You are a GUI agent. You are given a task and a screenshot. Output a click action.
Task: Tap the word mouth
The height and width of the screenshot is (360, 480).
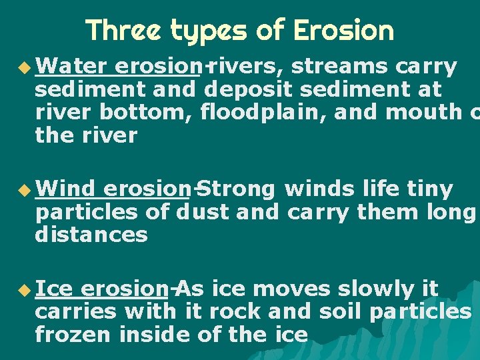pyautogui.click(x=428, y=113)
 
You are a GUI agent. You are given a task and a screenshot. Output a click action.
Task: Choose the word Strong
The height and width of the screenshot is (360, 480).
pyautogui.click(x=237, y=189)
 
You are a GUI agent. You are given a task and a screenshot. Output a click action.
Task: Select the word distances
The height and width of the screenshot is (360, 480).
pyautogui.click(x=91, y=235)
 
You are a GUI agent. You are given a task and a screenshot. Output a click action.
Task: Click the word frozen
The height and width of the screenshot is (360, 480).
pyautogui.click(x=73, y=334)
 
